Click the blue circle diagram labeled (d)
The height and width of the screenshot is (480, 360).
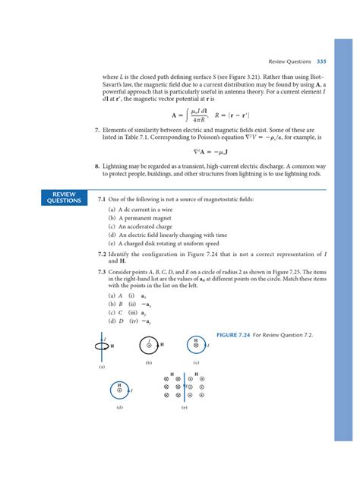pyautogui.click(x=120, y=390)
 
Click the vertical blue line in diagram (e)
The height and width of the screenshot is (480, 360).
pyautogui.click(x=185, y=386)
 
